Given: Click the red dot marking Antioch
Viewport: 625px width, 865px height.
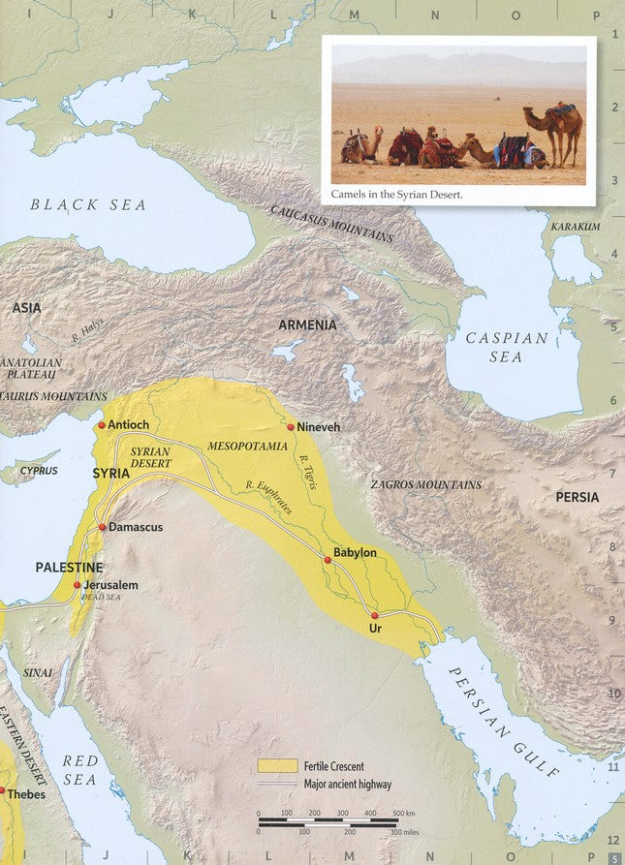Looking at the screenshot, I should click(101, 424).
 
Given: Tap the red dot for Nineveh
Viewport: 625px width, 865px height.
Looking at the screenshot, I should click(290, 426).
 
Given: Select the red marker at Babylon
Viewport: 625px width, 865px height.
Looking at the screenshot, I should click(328, 559).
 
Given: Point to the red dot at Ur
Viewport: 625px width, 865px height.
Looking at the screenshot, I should click(374, 615).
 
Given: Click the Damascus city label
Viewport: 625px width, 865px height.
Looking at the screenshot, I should click(136, 527).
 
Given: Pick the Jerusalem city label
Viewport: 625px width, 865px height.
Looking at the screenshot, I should click(110, 585).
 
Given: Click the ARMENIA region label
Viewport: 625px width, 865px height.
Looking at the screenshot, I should click(307, 325).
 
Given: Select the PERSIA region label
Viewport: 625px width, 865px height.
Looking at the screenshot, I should click(577, 497).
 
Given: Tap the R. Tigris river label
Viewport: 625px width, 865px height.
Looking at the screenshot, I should click(308, 472).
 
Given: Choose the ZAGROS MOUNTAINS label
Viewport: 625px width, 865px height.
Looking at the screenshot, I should click(425, 484).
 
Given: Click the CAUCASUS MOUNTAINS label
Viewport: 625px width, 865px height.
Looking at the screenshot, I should click(331, 224).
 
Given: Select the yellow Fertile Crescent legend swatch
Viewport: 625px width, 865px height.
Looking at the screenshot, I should click(276, 765).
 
